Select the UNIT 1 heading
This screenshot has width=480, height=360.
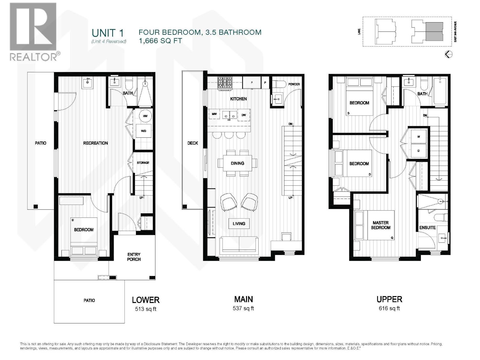coord(108,33)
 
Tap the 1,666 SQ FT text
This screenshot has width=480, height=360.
coord(160,41)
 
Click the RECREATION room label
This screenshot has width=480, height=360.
coord(95,143)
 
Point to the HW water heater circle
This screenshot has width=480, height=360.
coord(145,116)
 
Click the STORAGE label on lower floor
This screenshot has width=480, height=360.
coord(143,163)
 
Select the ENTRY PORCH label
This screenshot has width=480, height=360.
coord(134,257)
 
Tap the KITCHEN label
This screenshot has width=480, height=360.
coord(238,99)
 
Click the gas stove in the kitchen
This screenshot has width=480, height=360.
coord(225,83)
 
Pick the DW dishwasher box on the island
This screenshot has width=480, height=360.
coord(244,115)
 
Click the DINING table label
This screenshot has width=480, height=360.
coord(237,163)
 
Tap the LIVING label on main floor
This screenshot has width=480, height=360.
coord(239,223)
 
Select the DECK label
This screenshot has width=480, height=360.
coord(193,143)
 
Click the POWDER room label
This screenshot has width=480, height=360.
coord(294,84)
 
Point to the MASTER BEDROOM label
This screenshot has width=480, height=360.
coord(381,225)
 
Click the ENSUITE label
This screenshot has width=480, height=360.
coord(427,228)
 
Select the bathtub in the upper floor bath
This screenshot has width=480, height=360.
coord(440,91)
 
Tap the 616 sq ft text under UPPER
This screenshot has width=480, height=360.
coord(389,308)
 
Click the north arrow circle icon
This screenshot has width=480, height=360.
coord(448,54)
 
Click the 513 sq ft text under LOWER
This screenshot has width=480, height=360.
coord(145,309)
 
